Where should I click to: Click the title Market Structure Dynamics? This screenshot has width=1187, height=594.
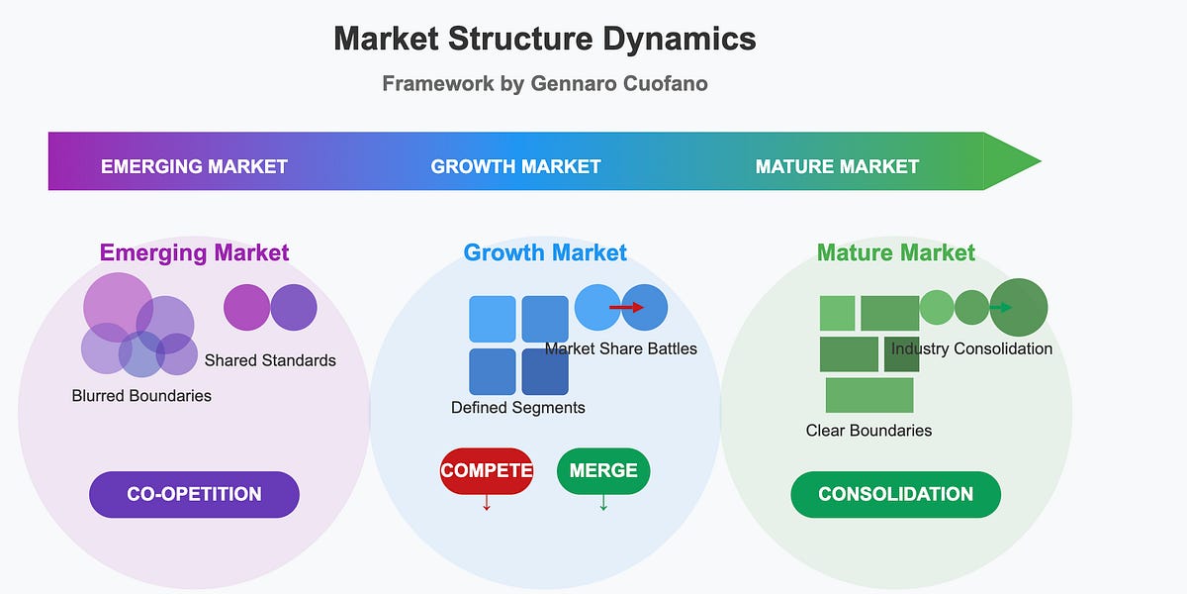coord(545,39)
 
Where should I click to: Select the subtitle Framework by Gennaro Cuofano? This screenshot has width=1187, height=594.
coord(545,84)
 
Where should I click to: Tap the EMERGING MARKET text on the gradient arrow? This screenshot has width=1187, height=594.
coord(194,166)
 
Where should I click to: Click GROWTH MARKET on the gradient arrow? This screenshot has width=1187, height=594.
coord(515,166)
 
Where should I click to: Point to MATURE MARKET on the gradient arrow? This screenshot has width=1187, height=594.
coord(837,166)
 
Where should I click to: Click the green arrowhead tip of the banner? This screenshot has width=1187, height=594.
coord(1042,161)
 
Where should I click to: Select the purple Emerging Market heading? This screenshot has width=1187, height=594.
coord(195,253)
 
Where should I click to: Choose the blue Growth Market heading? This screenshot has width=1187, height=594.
coord(545,253)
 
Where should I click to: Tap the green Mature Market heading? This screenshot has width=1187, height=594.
coord(896,253)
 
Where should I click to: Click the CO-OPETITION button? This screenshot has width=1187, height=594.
coord(194,494)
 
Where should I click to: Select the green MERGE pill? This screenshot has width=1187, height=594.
coord(603,471)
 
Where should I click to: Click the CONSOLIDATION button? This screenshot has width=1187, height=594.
coord(895,494)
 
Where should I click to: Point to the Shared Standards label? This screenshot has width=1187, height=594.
coord(270,360)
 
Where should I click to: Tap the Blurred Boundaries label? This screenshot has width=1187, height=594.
coord(141,396)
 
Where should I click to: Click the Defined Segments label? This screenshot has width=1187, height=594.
coord(518,408)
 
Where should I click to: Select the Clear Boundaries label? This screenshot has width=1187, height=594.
coord(869,431)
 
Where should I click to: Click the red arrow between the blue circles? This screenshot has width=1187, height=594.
coord(626,307)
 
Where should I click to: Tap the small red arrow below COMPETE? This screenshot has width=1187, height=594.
coord(487,502)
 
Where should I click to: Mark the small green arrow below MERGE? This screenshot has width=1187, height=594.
coord(603,502)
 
